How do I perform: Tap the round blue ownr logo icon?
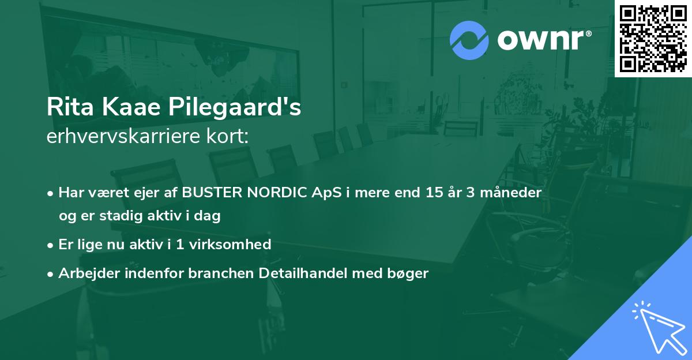click(x=469, y=40)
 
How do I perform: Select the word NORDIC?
click(x=274, y=193)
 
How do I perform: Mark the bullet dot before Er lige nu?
click(x=51, y=245)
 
